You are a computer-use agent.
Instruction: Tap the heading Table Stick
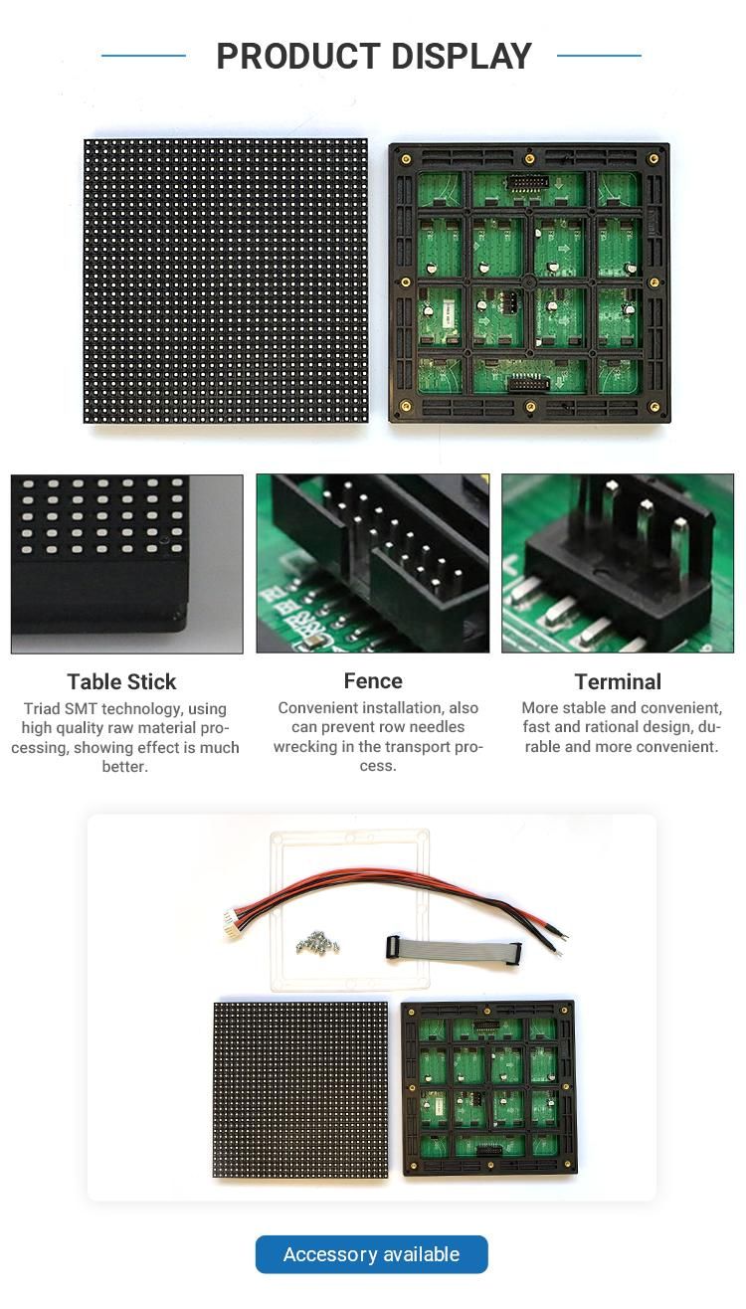(121, 681)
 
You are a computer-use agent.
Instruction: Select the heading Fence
(373, 680)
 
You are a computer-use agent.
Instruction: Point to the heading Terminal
(618, 681)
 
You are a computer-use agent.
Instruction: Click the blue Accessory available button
(371, 1254)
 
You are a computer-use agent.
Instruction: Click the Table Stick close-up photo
(126, 563)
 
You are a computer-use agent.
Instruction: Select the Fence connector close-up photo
(373, 563)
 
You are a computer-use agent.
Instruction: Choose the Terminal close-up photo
(618, 563)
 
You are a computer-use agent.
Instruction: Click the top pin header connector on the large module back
(529, 183)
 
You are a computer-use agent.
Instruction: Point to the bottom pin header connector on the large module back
(529, 382)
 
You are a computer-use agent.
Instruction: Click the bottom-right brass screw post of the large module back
(653, 406)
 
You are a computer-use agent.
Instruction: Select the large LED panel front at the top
(226, 280)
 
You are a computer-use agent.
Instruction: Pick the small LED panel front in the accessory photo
(300, 1089)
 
